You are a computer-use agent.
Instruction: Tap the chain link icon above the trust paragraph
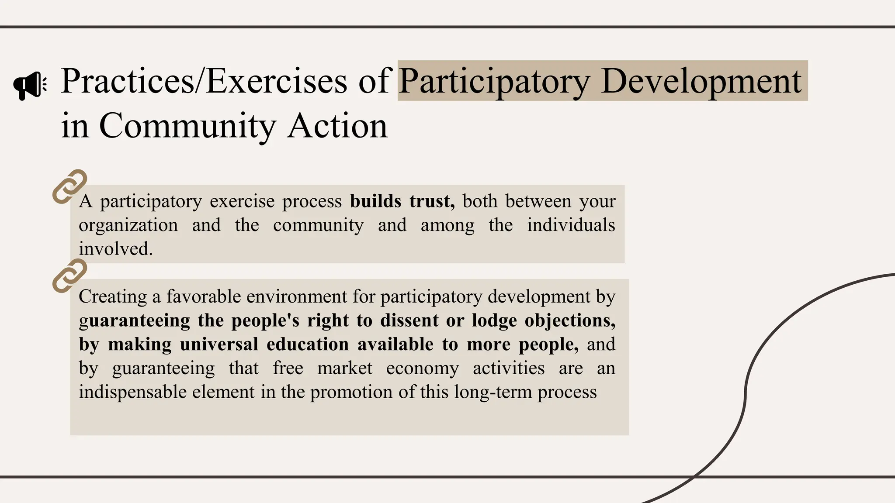point(69,186)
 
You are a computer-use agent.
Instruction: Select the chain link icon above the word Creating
point(69,276)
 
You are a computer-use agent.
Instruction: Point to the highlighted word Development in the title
point(701,81)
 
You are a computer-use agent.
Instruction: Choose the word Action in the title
point(337,126)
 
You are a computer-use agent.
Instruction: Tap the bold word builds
point(375,201)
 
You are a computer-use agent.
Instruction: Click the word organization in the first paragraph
point(128,226)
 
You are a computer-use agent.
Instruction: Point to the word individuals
point(571,225)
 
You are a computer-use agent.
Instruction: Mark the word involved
point(116,249)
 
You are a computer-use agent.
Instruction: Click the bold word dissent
point(409,320)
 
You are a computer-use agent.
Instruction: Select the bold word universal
point(219,345)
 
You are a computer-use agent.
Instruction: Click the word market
point(345,368)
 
